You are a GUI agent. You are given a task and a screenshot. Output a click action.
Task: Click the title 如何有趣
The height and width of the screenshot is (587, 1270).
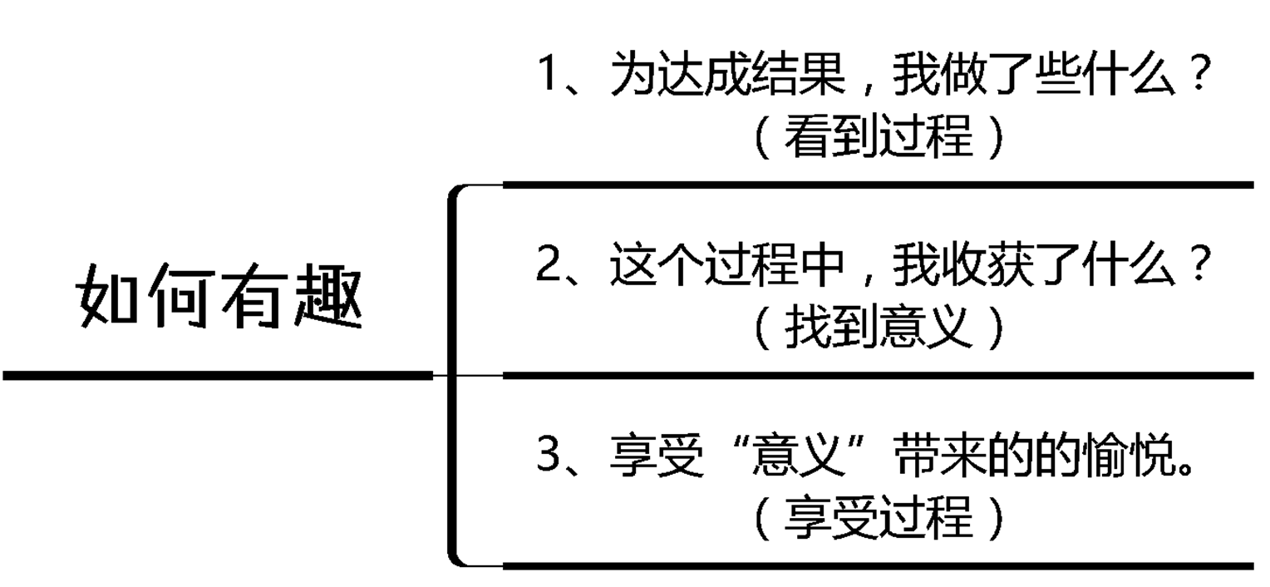pyautogui.click(x=221, y=295)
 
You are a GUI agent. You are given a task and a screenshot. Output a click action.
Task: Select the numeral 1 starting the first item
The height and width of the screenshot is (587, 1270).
pyautogui.click(x=549, y=75)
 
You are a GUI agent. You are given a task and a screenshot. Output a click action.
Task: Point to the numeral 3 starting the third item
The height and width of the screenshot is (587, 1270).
pyautogui.click(x=549, y=456)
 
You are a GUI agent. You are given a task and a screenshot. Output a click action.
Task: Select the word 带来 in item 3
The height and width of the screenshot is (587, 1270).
pyautogui.click(x=941, y=456)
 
